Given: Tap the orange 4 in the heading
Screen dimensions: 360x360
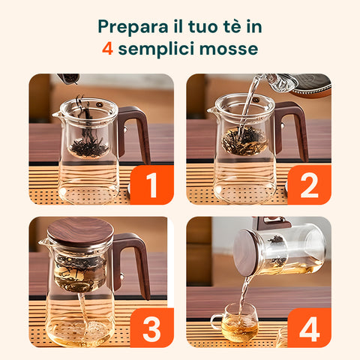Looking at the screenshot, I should tap(108, 49).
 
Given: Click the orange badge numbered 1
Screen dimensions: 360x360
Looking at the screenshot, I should tap(152, 184).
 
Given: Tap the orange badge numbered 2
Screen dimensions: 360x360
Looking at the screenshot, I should tap(309, 184).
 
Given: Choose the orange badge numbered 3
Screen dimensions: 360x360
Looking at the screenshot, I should tap(152, 328).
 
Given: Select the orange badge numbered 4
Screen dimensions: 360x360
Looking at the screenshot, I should tap(309, 328).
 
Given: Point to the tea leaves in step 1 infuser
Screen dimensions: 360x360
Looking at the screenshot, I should tap(88, 147).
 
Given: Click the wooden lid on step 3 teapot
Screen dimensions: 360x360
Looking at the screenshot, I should tap(80, 230).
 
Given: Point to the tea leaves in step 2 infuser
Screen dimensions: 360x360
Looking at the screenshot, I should tap(244, 139).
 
